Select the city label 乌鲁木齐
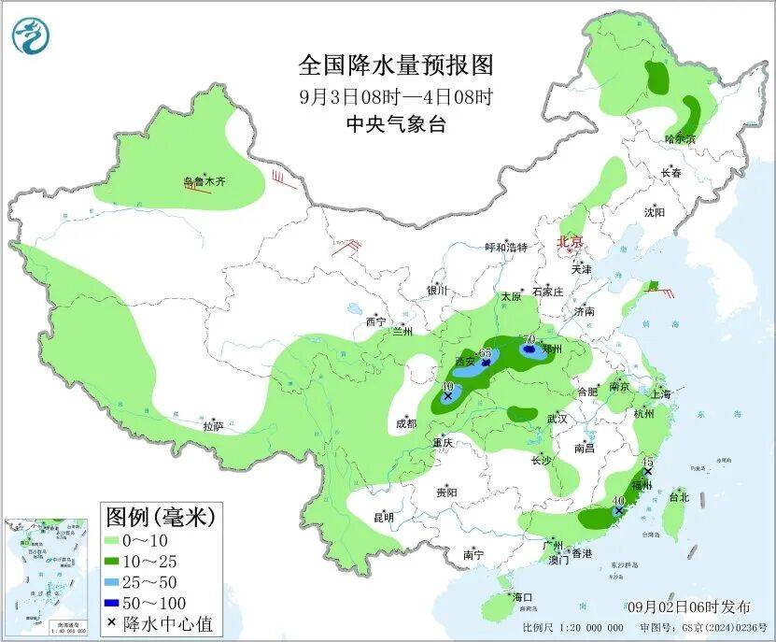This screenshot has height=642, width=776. click(204, 183)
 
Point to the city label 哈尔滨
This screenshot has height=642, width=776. click(680, 139)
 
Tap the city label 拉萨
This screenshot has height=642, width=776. click(213, 427)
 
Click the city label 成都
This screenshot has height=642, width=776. click(406, 423)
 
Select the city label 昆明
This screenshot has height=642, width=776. click(383, 517)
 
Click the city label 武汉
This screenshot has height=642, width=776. click(557, 419)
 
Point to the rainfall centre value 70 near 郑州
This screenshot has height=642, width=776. click(528, 339)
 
